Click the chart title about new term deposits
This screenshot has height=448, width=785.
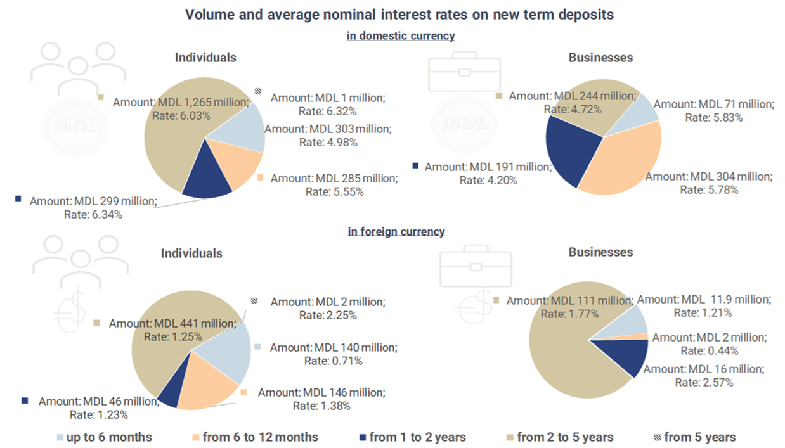click(399, 15)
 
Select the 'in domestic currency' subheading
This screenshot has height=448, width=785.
click(401, 35)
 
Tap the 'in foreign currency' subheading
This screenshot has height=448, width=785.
click(396, 231)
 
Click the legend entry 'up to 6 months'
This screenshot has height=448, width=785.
click(105, 437)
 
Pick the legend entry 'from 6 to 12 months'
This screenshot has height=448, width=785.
click(256, 437)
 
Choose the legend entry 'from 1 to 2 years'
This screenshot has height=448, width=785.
click(413, 437)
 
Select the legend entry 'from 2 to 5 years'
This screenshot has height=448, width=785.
click(561, 437)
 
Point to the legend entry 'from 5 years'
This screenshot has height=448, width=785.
click(695, 437)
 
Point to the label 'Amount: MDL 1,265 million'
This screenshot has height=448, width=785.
click(181, 102)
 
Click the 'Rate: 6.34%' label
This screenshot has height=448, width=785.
click(93, 214)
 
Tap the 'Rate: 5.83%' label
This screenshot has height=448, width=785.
click(714, 118)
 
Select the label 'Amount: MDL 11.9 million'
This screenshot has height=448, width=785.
click(704, 300)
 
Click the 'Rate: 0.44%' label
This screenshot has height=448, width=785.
click(710, 350)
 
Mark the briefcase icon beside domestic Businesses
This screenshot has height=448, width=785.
click(464, 72)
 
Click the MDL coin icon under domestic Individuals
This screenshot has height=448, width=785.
click(75, 127)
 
